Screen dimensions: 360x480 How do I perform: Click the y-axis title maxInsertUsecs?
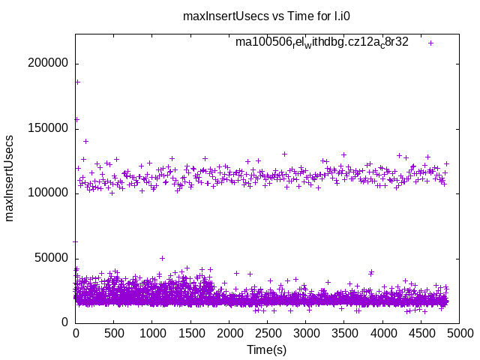tap(10, 178)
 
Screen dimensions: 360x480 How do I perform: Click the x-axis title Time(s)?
tap(266, 349)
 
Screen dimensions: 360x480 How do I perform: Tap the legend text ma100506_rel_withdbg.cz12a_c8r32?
tap(322, 43)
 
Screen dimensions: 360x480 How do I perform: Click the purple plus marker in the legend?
tap(430, 43)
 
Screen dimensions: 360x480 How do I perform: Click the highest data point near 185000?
tap(77, 82)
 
